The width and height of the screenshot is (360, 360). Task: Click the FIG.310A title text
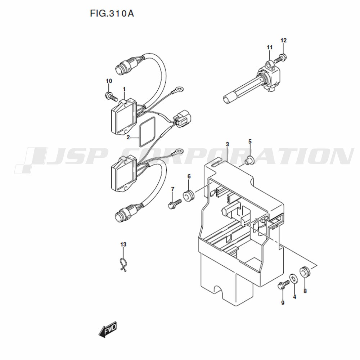[112, 14]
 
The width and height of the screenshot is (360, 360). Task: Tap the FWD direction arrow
[108, 329]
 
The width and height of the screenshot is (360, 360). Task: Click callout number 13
[123, 244]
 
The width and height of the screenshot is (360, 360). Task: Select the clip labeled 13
[123, 265]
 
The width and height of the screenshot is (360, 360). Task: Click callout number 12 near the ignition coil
[284, 40]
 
